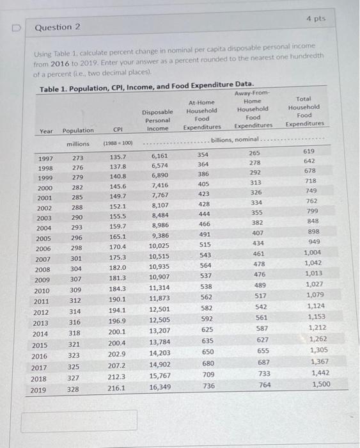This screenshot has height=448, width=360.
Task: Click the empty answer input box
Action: click(79, 420)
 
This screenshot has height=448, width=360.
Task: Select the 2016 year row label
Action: click(40, 356)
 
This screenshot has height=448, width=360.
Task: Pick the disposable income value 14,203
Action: click(159, 353)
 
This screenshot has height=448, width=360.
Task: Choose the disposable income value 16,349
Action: click(159, 387)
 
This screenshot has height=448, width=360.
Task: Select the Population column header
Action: click(78, 131)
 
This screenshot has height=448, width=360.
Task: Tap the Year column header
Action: click(47, 131)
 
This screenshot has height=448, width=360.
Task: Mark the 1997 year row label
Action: click(45, 157)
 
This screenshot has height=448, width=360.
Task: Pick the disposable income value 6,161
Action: click(159, 156)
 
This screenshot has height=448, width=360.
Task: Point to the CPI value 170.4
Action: click(117, 247)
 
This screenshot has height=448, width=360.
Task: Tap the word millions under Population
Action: click(79, 144)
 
